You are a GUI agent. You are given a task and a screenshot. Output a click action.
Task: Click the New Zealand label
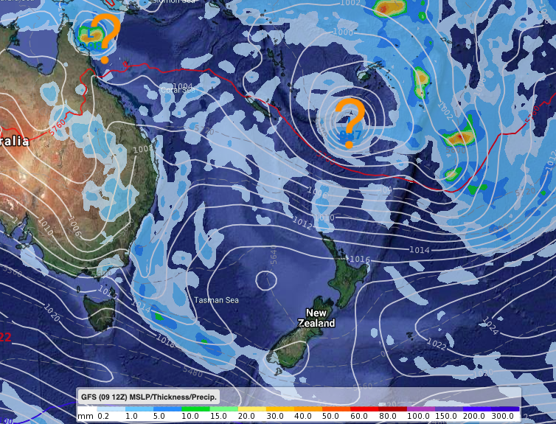click(x=316, y=318)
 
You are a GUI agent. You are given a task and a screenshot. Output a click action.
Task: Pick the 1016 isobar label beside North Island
click(x=358, y=260)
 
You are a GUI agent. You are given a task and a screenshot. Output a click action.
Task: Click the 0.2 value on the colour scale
click(x=103, y=417)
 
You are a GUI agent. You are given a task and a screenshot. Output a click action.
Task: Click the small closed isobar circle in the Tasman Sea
click(x=265, y=279)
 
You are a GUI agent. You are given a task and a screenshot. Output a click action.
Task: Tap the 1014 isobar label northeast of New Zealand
click(x=419, y=251)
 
